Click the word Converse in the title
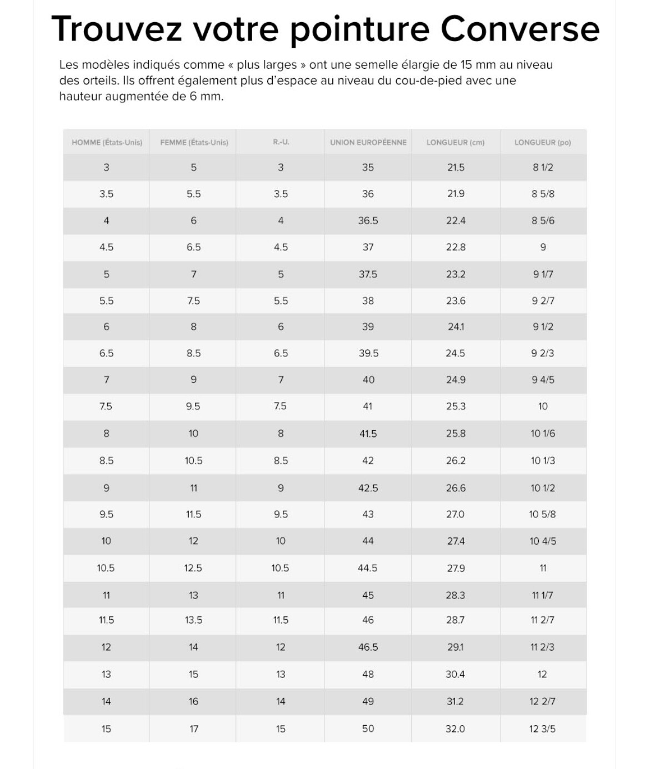(x=520, y=29)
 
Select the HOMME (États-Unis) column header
(x=107, y=143)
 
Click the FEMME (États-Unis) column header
(x=194, y=143)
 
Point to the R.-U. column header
(x=281, y=143)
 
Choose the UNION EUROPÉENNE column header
(x=368, y=143)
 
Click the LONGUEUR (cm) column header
(x=455, y=143)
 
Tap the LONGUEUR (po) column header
(x=542, y=143)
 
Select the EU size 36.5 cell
(x=368, y=220)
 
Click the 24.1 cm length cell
(x=455, y=327)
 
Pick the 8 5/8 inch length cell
(x=543, y=194)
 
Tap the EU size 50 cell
(x=368, y=728)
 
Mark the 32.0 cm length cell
(x=455, y=728)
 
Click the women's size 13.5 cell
(x=193, y=620)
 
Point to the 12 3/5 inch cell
(x=542, y=728)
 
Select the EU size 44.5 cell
(x=368, y=568)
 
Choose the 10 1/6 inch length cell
(x=542, y=434)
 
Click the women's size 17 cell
(x=193, y=728)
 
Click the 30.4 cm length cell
(x=455, y=674)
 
